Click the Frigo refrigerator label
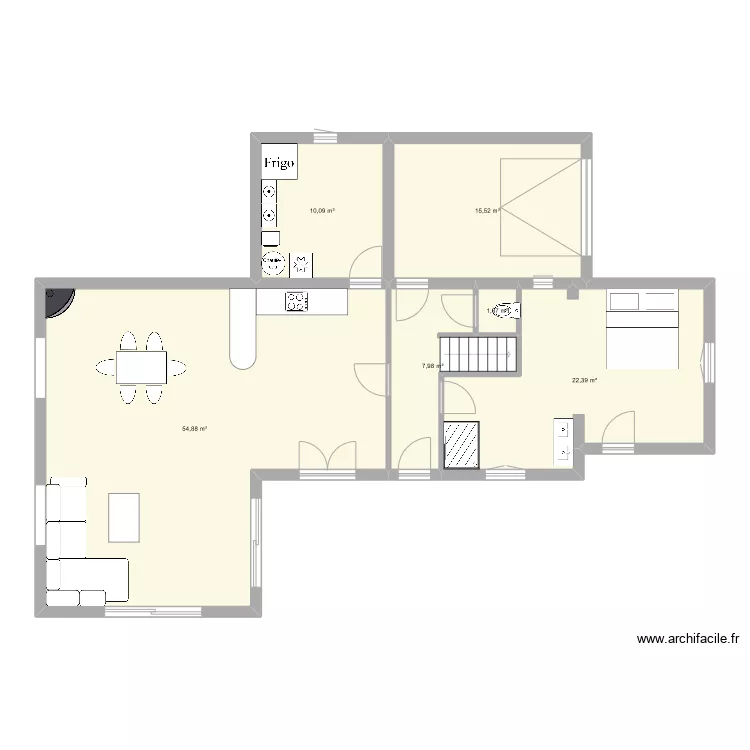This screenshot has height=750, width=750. (280, 163)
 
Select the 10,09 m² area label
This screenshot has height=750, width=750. (322, 211)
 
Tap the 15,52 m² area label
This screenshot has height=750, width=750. (487, 211)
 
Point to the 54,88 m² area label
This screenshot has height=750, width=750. (194, 428)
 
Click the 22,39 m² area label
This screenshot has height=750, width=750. (584, 380)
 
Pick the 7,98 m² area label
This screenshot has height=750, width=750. (432, 366)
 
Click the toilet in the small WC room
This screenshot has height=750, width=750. (504, 311)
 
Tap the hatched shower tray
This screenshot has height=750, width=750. (462, 444)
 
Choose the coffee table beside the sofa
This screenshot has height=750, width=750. (124, 517)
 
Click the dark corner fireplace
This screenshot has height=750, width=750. (58, 300)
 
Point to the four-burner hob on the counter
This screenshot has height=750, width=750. (297, 301)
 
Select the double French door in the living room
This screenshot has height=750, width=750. (326, 455)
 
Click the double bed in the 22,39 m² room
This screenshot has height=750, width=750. (642, 331)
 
